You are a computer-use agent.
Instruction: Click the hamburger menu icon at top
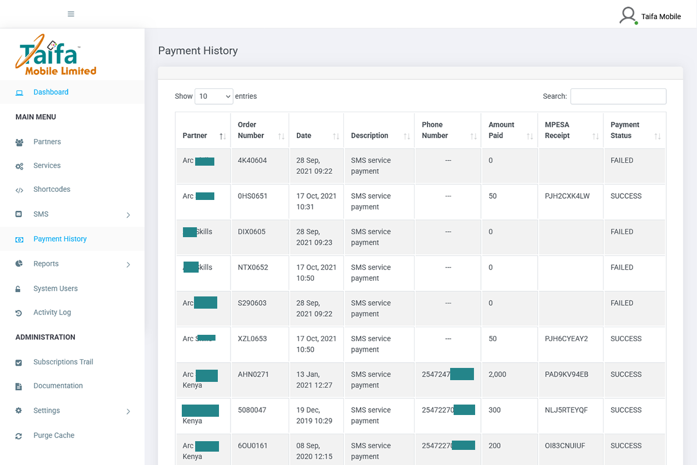(71, 14)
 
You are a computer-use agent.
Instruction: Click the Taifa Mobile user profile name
(660, 16)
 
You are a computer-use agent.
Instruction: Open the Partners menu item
(47, 142)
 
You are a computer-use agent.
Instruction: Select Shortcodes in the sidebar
(52, 189)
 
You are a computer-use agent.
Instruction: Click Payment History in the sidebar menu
(60, 239)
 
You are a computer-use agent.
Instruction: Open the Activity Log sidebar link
(52, 312)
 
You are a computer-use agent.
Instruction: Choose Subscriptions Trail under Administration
(63, 362)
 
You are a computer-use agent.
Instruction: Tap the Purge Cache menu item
(53, 435)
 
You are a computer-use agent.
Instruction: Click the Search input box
(618, 96)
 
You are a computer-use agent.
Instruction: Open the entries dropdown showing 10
(214, 96)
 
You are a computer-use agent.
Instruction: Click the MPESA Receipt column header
(557, 130)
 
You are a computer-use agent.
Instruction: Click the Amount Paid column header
(501, 130)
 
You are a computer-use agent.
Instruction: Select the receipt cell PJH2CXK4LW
(567, 196)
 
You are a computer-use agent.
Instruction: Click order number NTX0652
(253, 267)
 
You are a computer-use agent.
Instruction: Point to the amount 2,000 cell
(497, 374)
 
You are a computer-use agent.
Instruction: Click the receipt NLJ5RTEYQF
(566, 410)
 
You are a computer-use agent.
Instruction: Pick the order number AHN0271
(253, 374)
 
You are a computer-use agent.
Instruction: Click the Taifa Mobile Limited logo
(56, 55)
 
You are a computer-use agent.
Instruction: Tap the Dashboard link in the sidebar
(51, 92)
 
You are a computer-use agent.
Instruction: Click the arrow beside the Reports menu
(128, 264)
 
